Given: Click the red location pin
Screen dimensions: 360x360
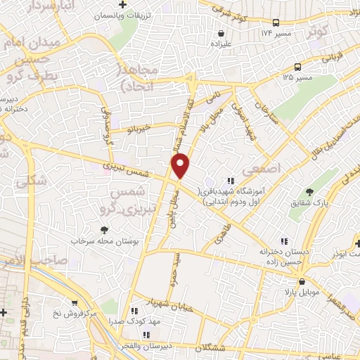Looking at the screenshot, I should [181, 166].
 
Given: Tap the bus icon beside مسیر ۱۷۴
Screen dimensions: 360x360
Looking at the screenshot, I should [275, 22].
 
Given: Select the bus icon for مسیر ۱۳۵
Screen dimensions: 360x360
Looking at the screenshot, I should [298, 67].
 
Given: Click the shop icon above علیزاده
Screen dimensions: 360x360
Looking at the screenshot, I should [221, 32].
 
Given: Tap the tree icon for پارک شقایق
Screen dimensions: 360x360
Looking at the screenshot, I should [309, 192].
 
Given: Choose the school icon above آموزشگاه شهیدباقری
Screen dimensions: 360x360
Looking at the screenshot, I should [230, 181].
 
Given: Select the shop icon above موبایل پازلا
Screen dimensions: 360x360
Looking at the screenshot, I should [302, 281].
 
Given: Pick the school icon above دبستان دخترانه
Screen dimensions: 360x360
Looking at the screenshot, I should [283, 241].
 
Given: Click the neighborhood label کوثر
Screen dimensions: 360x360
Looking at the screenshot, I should [317, 32].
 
